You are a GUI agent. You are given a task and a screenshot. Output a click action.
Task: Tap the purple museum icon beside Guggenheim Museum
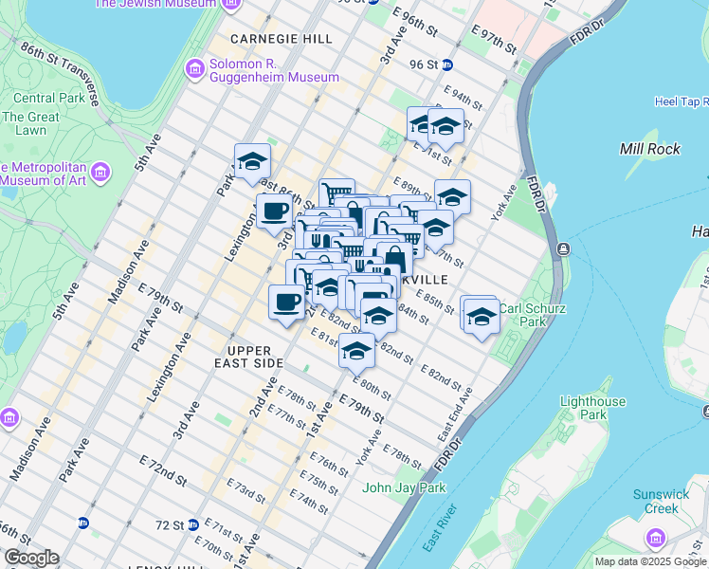pos(195,68)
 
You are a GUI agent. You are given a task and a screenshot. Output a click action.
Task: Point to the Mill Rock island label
pos(649,149)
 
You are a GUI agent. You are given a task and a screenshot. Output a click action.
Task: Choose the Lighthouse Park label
pos(592,408)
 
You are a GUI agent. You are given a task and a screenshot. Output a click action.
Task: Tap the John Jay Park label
pos(404,488)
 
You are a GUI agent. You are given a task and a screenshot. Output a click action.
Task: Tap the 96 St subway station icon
pos(448,64)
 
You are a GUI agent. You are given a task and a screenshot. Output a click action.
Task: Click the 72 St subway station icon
pos(192,523)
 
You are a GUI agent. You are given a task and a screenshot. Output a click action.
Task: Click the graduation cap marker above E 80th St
pos(356,350)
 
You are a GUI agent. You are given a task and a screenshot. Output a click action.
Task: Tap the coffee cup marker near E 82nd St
pos(286,303)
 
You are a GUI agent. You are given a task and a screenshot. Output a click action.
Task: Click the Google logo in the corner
pos(31,558)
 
